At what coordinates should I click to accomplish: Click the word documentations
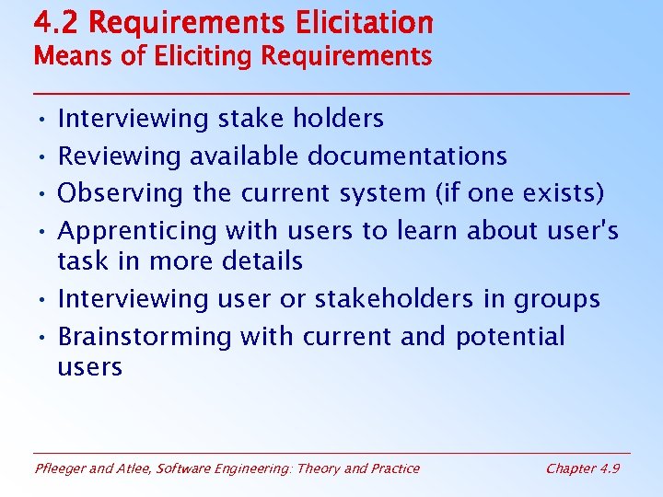[x=407, y=156]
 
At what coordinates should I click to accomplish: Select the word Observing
[x=121, y=193]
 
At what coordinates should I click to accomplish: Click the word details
[x=262, y=260]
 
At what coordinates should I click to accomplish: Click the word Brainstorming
[x=145, y=336]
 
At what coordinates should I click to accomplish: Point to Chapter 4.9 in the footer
[x=582, y=468]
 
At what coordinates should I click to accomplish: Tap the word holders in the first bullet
[x=338, y=118]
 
